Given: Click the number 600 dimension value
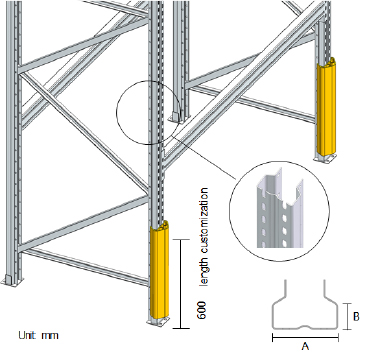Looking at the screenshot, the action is click(202, 310).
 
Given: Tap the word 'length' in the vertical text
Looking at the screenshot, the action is click(204, 272).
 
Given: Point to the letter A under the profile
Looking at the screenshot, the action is click(305, 346).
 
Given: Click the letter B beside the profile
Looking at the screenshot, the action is click(356, 316).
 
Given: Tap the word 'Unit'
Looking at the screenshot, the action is click(27, 335).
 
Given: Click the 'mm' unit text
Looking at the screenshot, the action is click(50, 336).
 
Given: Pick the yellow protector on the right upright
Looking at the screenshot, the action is click(326, 106).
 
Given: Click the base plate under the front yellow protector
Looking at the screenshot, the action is click(158, 321).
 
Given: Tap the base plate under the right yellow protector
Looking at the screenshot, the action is click(325, 158).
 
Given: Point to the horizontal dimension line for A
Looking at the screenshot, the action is click(305, 338).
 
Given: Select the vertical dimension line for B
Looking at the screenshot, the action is click(347, 316).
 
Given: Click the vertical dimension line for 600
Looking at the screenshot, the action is click(181, 284).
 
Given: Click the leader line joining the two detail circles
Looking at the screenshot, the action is click(204, 156).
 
